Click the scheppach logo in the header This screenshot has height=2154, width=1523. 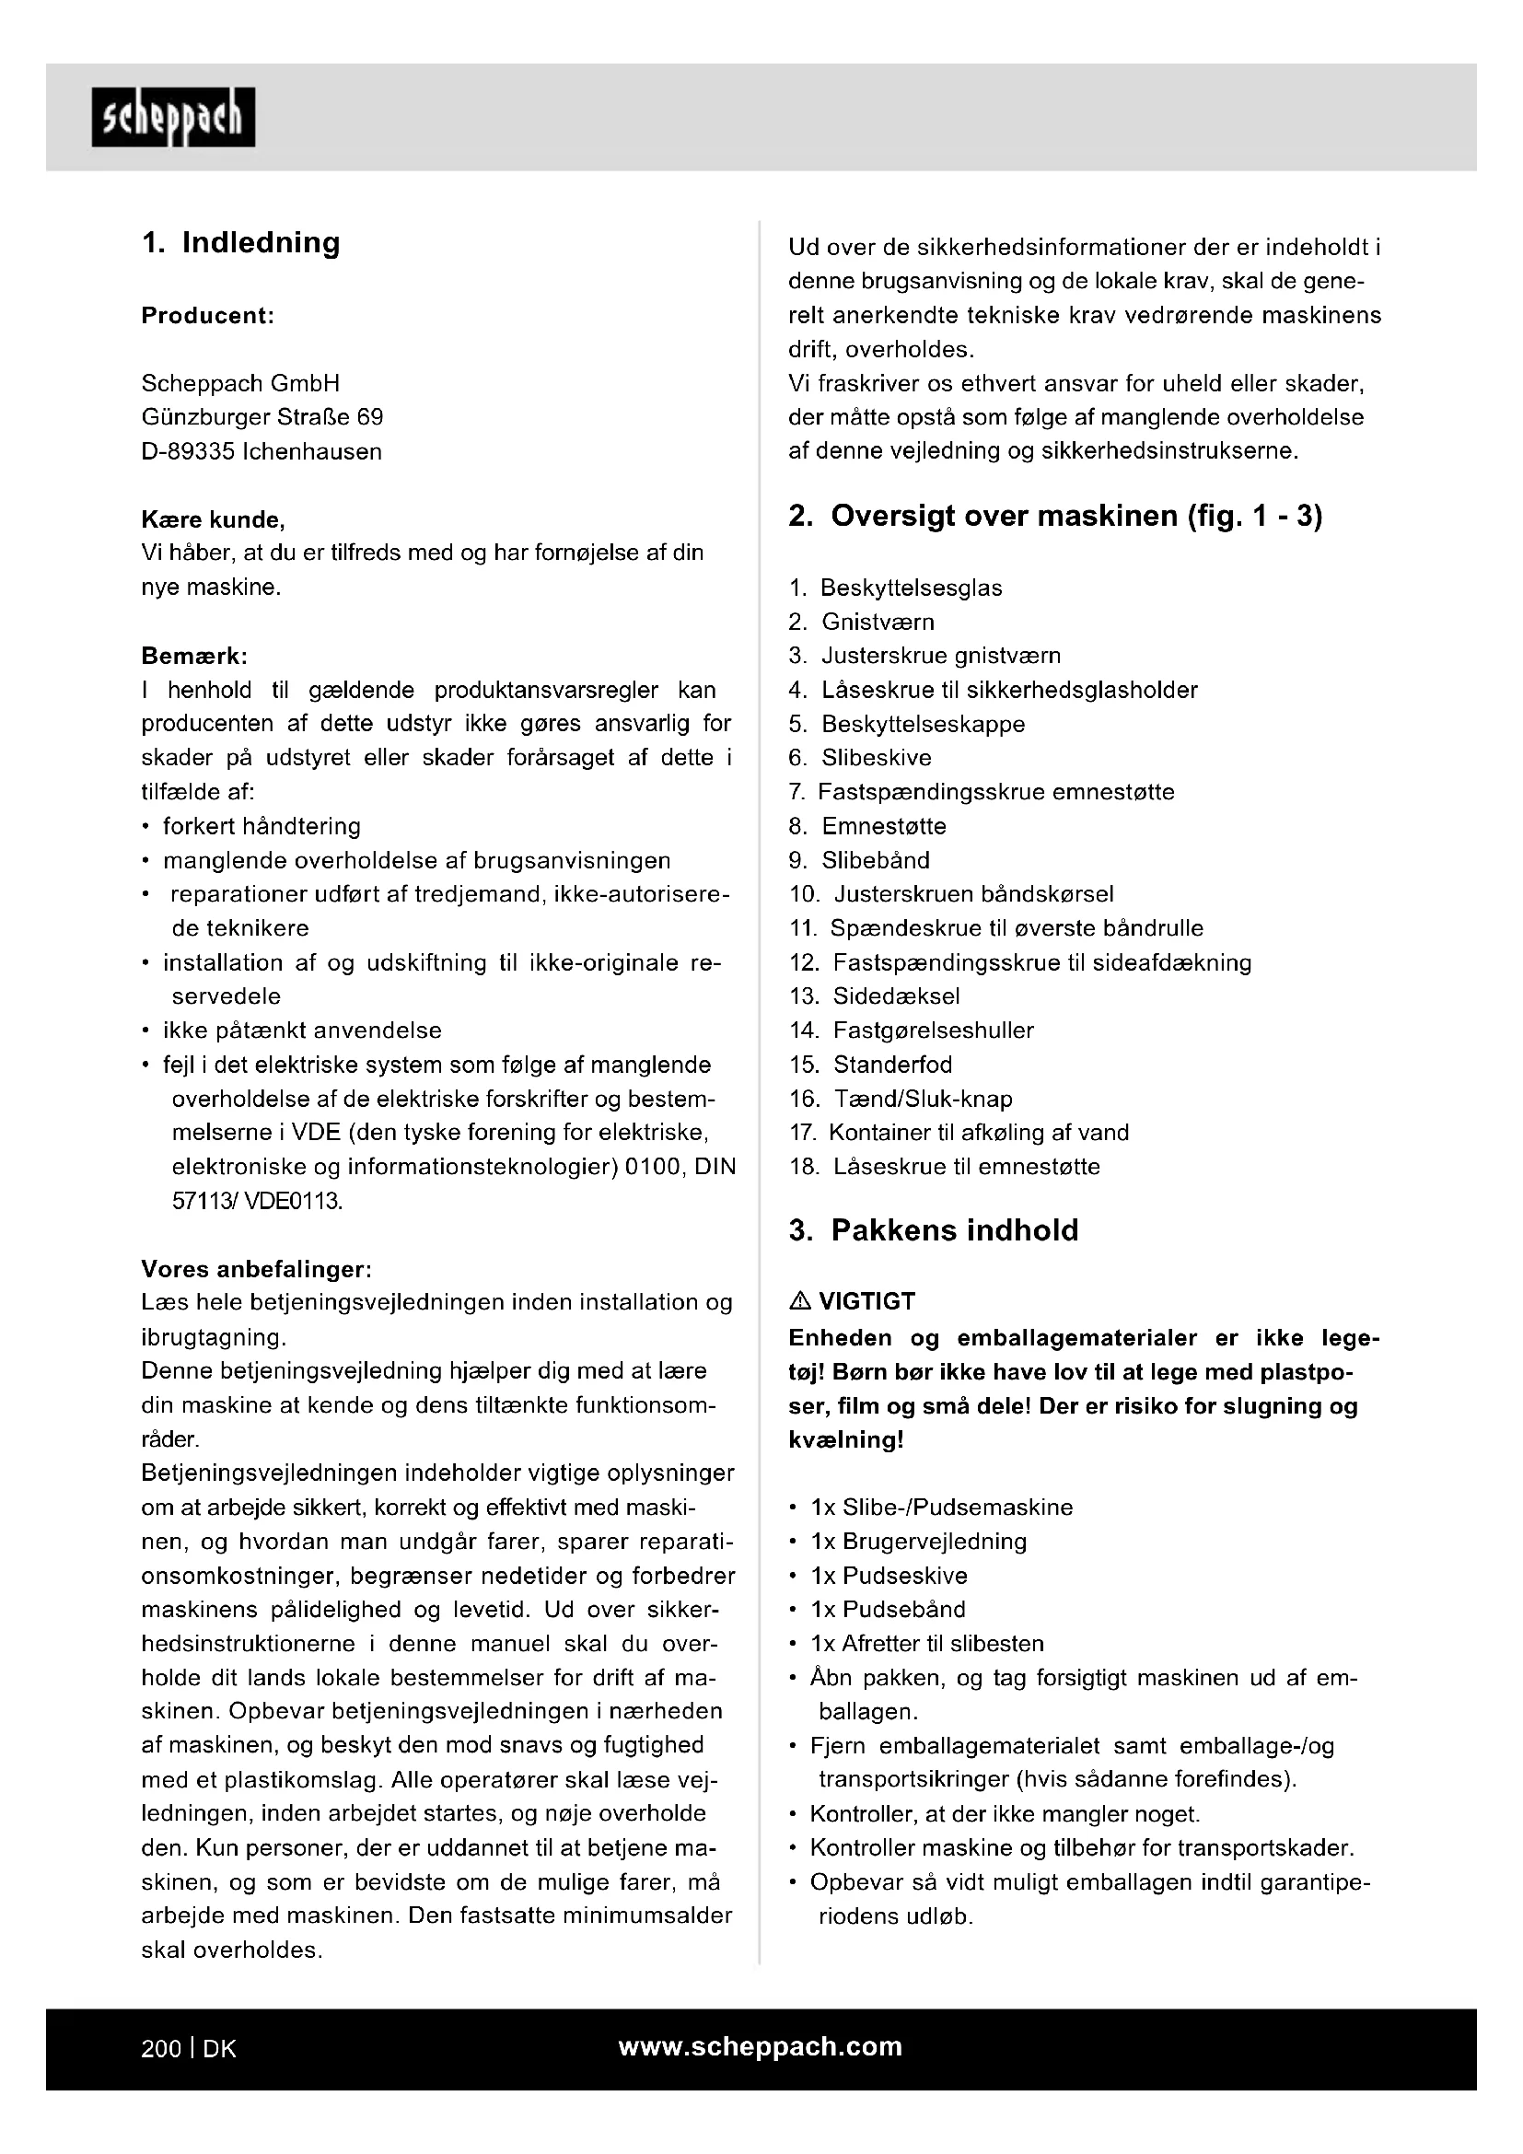tap(173, 117)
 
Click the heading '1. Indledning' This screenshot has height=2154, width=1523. tap(241, 243)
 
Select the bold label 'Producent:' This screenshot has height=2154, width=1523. tap(207, 316)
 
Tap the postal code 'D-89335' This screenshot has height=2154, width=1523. tap(188, 452)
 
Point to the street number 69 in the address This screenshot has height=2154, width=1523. tap(370, 417)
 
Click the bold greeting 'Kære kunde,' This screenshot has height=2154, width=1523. tap(213, 519)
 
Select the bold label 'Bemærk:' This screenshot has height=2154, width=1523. tap(194, 656)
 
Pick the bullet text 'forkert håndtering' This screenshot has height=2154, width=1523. tap(262, 826)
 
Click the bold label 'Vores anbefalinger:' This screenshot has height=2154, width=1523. tap(256, 1269)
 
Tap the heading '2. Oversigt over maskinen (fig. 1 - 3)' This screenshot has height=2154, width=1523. tap(1055, 517)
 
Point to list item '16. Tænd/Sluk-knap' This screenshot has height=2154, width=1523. tap(901, 1099)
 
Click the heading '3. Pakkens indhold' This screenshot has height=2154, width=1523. tap(933, 1230)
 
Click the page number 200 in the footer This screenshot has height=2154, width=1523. tap(161, 2049)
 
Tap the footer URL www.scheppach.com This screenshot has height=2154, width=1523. tap(760, 2047)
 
